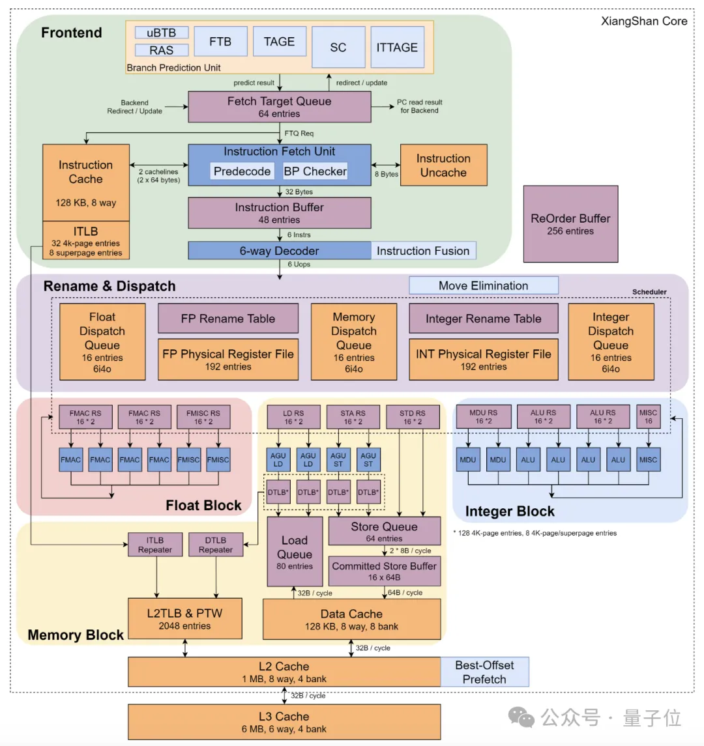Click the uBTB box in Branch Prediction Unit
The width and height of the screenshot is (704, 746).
[x=162, y=33]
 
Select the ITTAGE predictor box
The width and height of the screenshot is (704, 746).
[x=397, y=47]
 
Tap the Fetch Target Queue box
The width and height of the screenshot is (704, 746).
[x=279, y=107]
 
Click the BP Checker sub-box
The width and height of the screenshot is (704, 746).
[x=315, y=171]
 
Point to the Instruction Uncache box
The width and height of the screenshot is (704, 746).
[x=443, y=165]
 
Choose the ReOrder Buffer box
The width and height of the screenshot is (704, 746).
[x=570, y=224]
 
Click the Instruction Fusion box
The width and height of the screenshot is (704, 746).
[x=423, y=251]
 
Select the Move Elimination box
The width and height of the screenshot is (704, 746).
[x=483, y=285]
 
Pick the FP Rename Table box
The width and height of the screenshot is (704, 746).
[x=227, y=319]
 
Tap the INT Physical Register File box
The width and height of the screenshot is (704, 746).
[x=483, y=359]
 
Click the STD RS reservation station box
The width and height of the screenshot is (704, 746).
[x=413, y=417]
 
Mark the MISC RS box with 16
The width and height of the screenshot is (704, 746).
[x=648, y=417]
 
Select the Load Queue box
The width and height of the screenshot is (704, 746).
[x=295, y=552]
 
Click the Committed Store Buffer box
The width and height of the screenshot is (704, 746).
[x=384, y=571]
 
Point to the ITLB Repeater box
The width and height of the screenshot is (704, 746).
[x=155, y=545]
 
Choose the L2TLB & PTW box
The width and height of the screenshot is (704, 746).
[x=184, y=619]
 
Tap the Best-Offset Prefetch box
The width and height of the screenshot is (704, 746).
[x=484, y=672]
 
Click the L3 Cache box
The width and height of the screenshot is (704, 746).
[x=284, y=722]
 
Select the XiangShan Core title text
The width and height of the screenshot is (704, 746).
[x=643, y=22]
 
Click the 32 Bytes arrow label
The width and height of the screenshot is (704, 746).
[x=299, y=192]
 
